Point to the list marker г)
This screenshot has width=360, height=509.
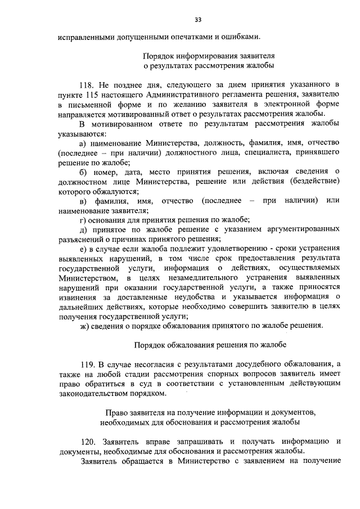tap(83, 219)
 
